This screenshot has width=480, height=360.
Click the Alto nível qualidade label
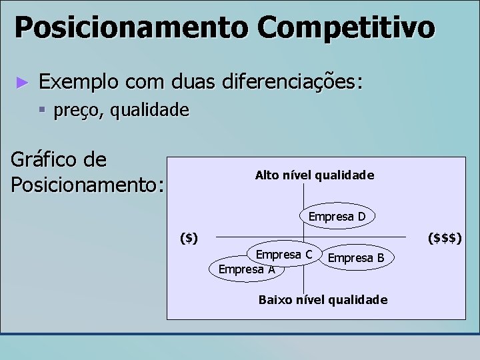pos(314,175)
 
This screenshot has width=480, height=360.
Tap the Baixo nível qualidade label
pos(322,300)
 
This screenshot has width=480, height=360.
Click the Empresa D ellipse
pos(337,216)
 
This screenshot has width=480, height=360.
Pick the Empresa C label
pos(284,254)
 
